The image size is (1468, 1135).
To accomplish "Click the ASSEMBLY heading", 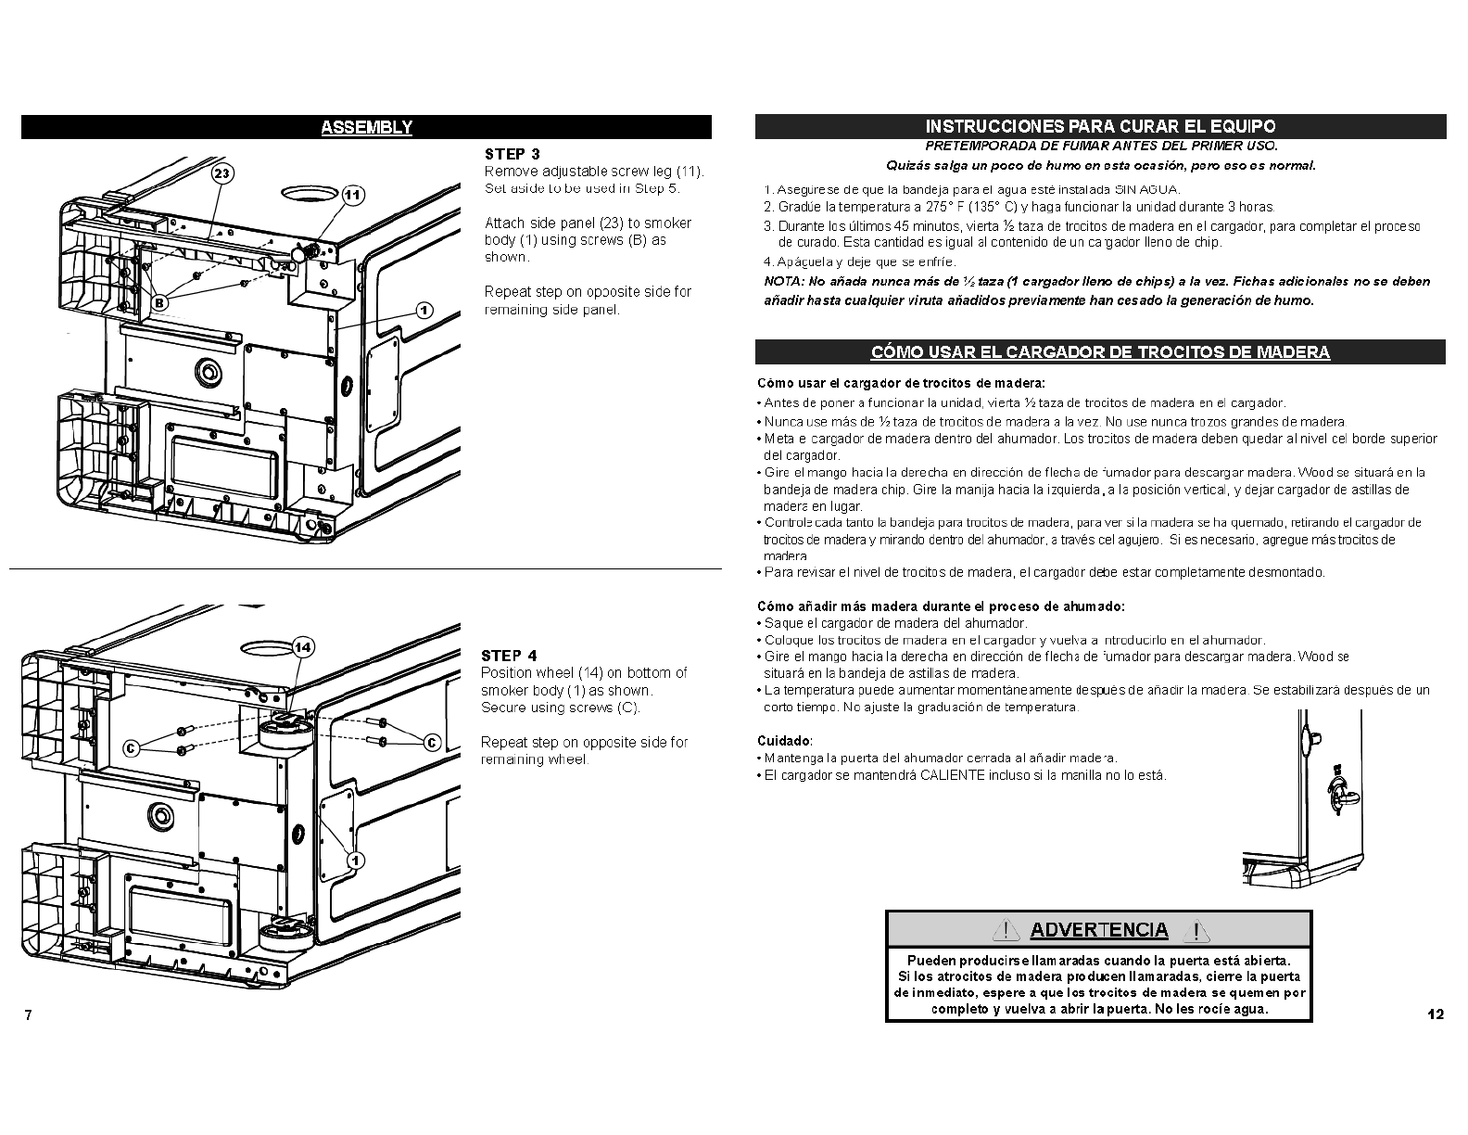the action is pyautogui.click(x=366, y=128).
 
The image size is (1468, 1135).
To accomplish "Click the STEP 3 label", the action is pyautogui.click(x=512, y=154).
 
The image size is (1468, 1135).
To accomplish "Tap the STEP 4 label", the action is pyautogui.click(x=509, y=656).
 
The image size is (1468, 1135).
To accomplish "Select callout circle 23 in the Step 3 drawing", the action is pyautogui.click(x=221, y=173).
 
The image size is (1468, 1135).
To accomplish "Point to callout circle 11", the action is pyautogui.click(x=353, y=195).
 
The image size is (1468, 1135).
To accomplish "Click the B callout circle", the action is pyautogui.click(x=159, y=301).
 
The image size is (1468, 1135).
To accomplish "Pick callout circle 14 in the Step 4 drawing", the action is pyautogui.click(x=303, y=647).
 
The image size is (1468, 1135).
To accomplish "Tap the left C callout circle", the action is pyautogui.click(x=132, y=747).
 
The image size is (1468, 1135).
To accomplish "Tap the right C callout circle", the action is pyautogui.click(x=431, y=742).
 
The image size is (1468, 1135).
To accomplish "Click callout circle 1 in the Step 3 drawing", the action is pyautogui.click(x=424, y=311).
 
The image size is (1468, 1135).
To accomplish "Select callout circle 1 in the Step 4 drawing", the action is pyautogui.click(x=354, y=860).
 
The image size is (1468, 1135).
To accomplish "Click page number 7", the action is pyautogui.click(x=28, y=1014).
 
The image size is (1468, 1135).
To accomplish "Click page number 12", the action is pyautogui.click(x=1435, y=1014).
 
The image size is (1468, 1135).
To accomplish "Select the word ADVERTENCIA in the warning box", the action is pyautogui.click(x=1099, y=930).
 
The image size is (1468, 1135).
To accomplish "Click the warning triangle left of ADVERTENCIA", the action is pyautogui.click(x=1006, y=930).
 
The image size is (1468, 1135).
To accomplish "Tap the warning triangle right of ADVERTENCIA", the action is pyautogui.click(x=1196, y=930).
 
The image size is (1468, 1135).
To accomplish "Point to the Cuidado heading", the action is pyautogui.click(x=784, y=741).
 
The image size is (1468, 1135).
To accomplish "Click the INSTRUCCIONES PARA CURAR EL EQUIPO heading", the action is pyautogui.click(x=1100, y=126).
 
